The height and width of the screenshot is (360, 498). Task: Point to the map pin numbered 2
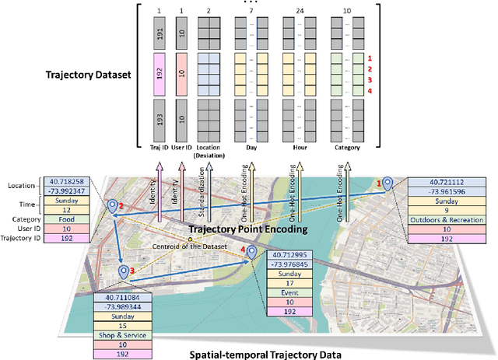coord(114,206)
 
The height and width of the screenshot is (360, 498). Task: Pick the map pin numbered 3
coord(124,271)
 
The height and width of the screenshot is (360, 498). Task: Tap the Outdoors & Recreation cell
coord(444,219)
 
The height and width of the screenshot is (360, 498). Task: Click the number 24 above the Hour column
coord(300,12)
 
